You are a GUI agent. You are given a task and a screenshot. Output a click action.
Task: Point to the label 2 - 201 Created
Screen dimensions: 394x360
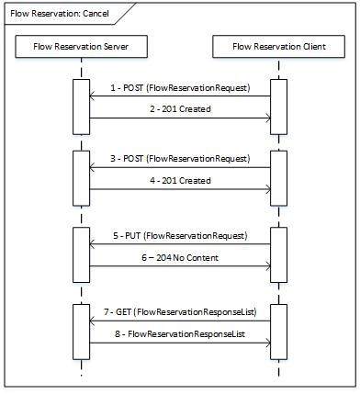[x=178, y=109]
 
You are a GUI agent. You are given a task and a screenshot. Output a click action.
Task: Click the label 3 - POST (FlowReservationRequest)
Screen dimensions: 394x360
[x=178, y=159]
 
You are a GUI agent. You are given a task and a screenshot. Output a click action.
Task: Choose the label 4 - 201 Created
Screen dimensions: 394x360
[x=178, y=181]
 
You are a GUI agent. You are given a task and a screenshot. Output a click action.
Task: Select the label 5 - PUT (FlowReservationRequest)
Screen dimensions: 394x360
[x=178, y=236]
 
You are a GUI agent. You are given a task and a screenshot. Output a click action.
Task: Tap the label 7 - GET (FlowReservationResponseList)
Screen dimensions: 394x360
[x=178, y=313]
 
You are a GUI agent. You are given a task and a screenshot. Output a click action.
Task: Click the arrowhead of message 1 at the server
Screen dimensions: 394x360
[x=90, y=96]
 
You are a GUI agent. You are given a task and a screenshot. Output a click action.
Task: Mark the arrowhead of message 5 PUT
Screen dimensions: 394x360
[x=90, y=244]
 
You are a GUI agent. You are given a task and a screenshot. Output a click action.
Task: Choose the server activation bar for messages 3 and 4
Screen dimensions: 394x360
[x=80, y=174]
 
